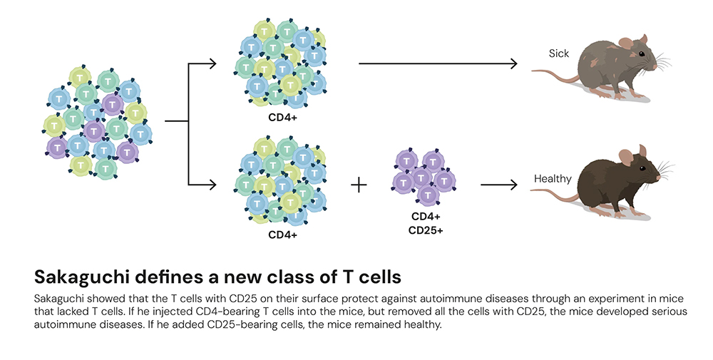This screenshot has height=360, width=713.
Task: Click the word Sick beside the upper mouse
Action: (559, 53)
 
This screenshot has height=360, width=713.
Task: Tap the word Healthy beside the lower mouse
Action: (553, 178)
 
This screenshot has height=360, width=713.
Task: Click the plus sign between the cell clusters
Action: (359, 185)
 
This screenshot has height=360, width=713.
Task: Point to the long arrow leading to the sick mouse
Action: (437, 64)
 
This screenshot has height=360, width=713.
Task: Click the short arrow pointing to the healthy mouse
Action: (498, 185)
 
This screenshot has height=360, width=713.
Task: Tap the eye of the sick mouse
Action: (640, 55)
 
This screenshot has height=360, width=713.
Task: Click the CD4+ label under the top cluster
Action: (283, 115)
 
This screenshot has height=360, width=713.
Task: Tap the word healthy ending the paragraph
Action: (421, 324)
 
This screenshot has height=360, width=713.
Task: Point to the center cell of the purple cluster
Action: (421, 176)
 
